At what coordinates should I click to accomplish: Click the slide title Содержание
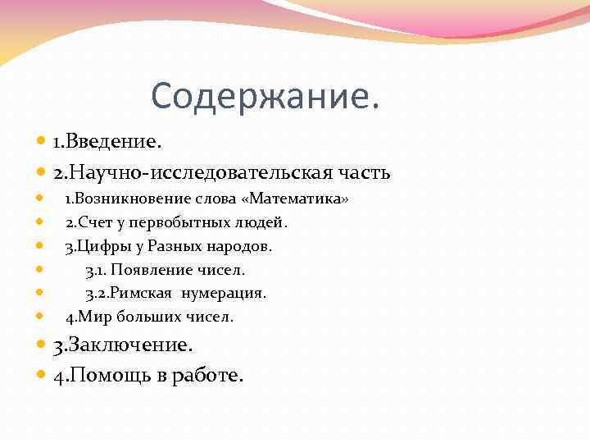265,98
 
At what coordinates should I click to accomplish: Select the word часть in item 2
363,173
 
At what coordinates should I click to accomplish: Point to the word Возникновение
134,199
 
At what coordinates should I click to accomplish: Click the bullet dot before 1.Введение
42,143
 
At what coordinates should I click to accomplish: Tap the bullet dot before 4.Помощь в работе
42,377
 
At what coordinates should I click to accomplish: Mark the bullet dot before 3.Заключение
42,345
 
